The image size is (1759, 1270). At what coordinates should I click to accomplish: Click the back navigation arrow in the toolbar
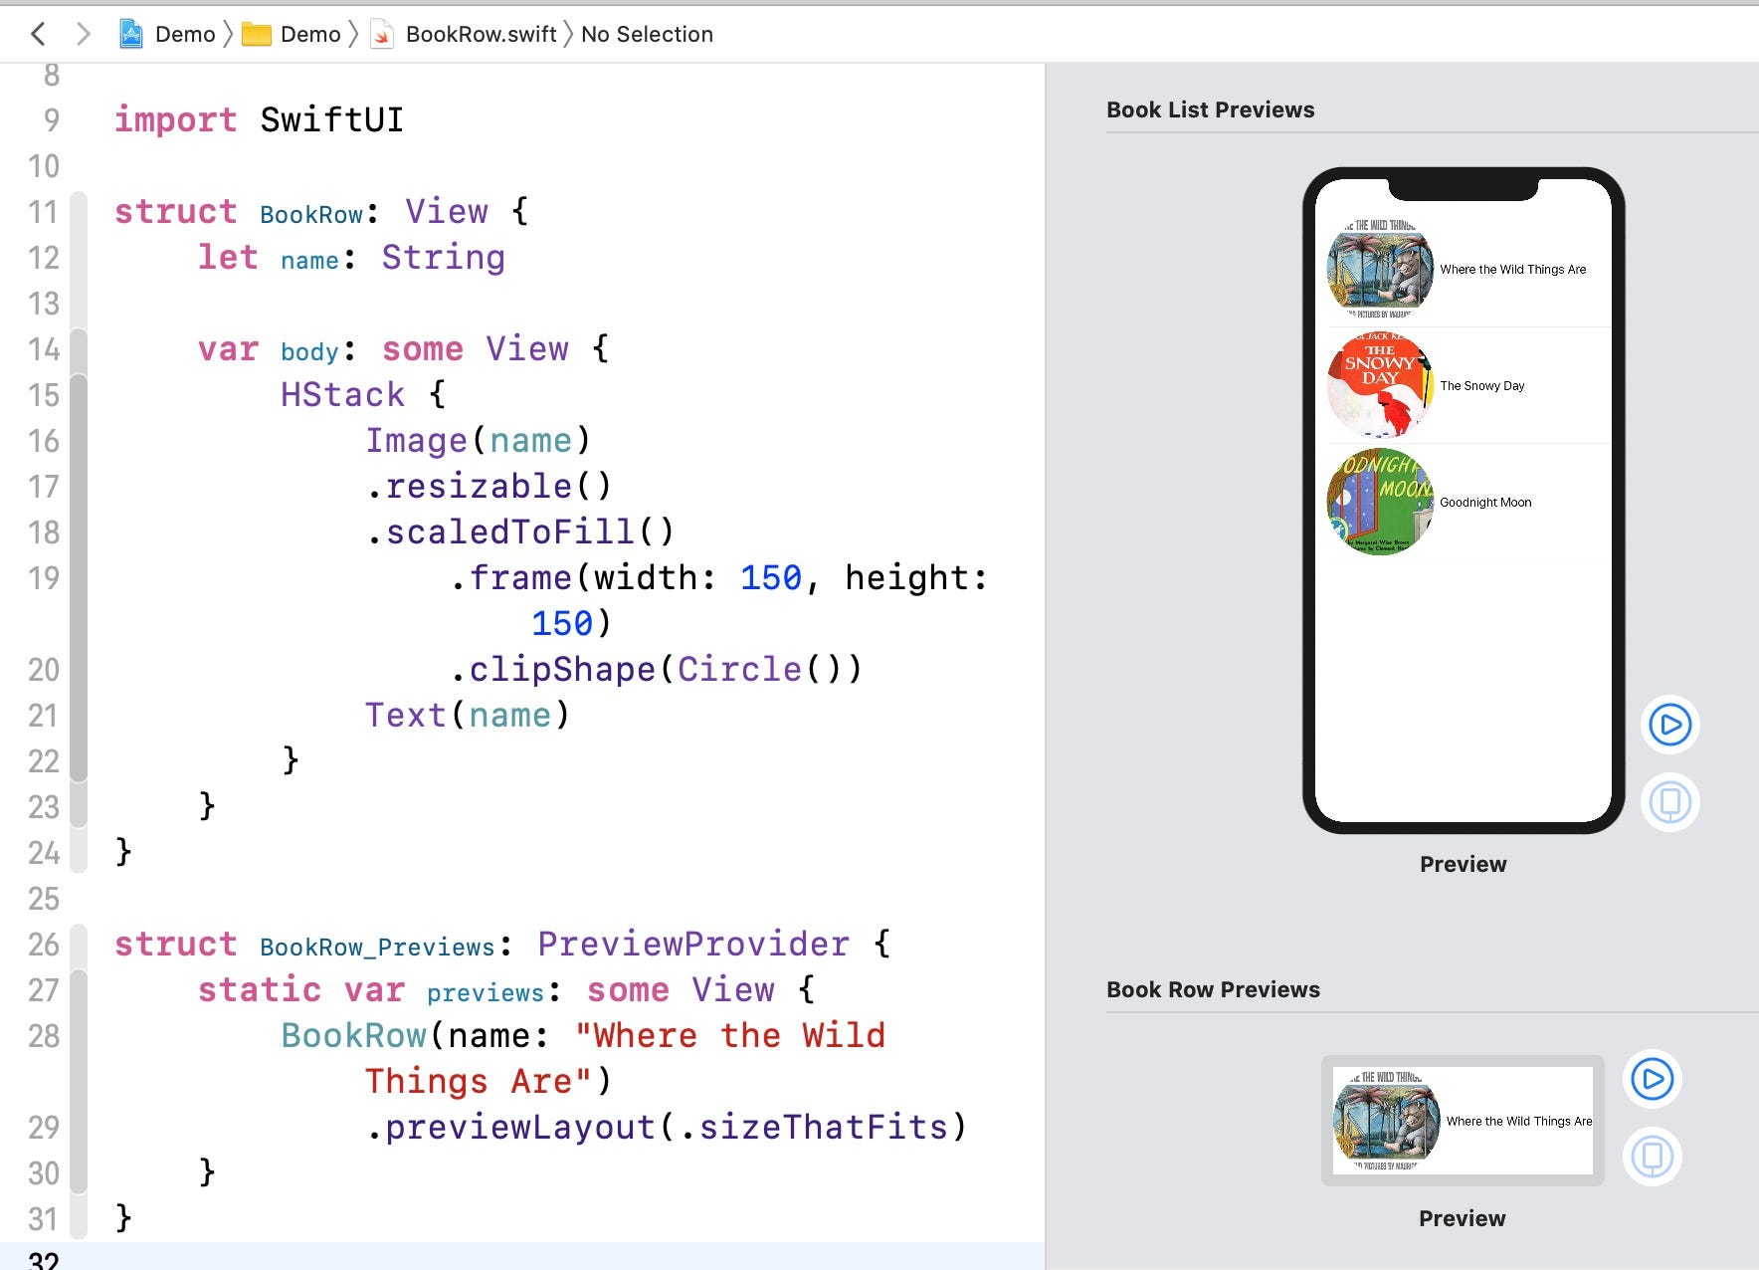38,35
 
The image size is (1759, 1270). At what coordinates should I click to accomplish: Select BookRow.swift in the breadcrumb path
481,35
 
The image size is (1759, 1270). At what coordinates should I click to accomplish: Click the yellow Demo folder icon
257,35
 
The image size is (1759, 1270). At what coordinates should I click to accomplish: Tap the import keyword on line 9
175,120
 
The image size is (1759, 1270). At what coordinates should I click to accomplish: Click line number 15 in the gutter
44,395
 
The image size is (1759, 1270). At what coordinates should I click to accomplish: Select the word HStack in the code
342,395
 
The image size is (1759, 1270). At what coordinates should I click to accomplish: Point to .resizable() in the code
488,487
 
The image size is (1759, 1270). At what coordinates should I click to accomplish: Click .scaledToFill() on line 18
519,532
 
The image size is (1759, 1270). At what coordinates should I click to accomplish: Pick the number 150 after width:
770,578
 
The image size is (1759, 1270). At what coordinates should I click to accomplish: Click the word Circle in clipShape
739,670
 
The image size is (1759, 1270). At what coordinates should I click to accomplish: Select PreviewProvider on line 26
693,945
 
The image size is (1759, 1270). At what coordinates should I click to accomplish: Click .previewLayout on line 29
509,1128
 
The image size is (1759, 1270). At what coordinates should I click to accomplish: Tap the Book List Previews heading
1210,110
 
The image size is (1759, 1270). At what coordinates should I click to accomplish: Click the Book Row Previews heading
1213,990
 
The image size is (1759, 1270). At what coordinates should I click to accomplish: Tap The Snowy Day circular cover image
1380,386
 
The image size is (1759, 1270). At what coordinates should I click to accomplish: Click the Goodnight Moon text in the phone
1485,503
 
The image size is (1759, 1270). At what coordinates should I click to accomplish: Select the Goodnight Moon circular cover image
1380,503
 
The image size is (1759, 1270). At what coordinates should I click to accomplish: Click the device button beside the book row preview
1652,1157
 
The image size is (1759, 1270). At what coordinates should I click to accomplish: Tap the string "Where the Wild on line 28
730,1036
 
